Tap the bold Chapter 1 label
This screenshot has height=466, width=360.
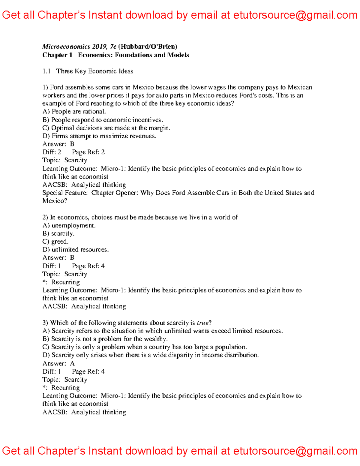[57, 55]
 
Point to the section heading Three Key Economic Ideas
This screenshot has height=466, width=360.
[94, 71]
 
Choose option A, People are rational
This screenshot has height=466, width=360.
[74, 112]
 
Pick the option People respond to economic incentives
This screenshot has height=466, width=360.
[103, 120]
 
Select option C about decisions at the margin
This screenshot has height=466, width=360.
[106, 128]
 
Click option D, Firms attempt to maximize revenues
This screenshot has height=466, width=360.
[99, 136]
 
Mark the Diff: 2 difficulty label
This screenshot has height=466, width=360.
[52, 152]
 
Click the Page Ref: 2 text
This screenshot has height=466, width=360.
[88, 152]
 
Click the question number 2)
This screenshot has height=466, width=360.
[45, 217]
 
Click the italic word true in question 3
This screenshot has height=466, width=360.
[202, 323]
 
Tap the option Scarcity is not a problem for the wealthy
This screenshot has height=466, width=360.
[105, 339]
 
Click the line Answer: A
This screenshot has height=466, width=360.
[58, 363]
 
